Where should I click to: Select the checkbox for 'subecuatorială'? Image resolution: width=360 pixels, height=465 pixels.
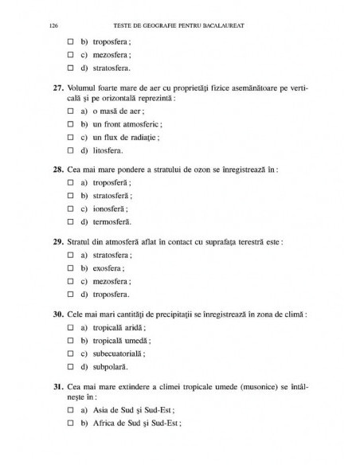pyautogui.click(x=71, y=353)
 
